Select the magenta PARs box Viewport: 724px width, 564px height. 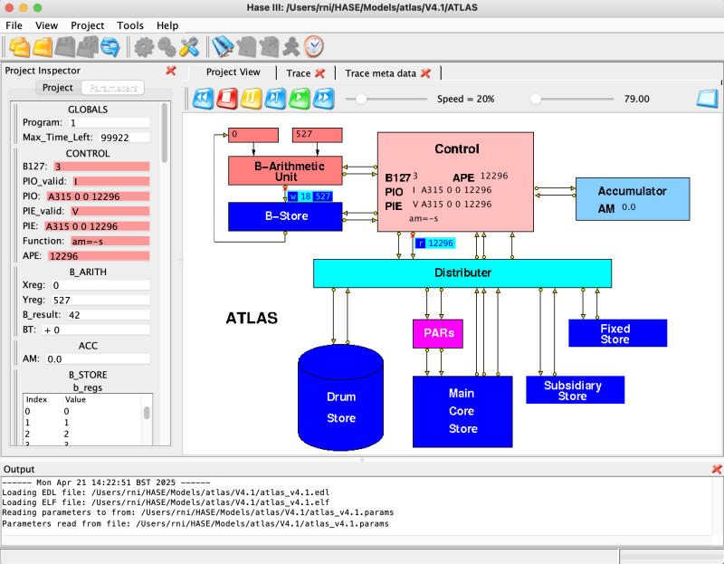[438, 333]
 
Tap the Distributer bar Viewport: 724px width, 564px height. [462, 272]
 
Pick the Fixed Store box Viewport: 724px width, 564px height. [617, 333]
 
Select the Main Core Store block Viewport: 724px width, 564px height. [462, 411]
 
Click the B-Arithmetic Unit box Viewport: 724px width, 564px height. [285, 170]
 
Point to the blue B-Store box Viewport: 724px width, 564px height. [285, 216]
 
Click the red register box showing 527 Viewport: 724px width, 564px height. [317, 135]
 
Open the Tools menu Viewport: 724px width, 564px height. [130, 25]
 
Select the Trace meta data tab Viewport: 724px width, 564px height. [381, 72]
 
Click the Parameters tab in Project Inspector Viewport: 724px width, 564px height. [113, 88]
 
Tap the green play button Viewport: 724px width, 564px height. [300, 98]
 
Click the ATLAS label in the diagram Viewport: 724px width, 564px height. [251, 319]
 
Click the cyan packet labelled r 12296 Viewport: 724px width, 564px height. [434, 243]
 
